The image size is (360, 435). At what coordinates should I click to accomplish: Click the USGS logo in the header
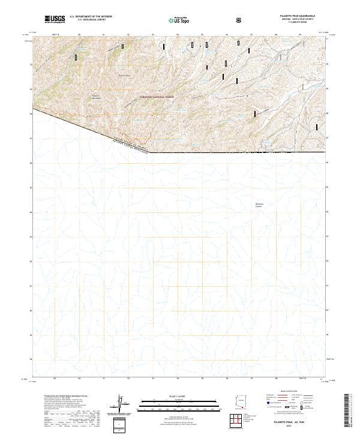click(x=55, y=20)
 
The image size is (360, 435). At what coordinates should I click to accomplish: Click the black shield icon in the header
click(x=240, y=20)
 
